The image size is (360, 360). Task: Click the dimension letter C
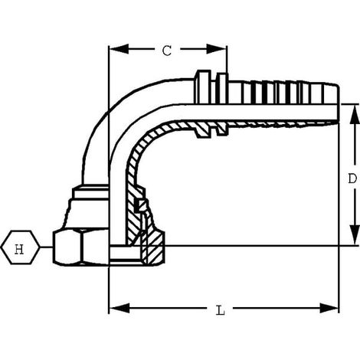[167, 51]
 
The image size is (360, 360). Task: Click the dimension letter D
[352, 178]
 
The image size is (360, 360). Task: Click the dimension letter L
[221, 310]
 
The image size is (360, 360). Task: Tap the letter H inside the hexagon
[19, 249]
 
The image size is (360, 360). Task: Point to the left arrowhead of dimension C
[119, 49]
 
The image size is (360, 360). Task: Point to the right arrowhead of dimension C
[217, 49]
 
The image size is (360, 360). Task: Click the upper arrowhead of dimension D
[355, 115]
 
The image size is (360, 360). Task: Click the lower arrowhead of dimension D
[355, 235]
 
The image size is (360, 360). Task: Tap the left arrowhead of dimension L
[119, 308]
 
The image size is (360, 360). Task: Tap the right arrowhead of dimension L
[329, 308]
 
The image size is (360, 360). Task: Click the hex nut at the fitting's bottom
[80, 247]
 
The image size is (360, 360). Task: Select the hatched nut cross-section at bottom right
[152, 247]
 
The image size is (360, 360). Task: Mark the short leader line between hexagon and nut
[46, 247]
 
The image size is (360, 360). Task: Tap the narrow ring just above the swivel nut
[90, 193]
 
